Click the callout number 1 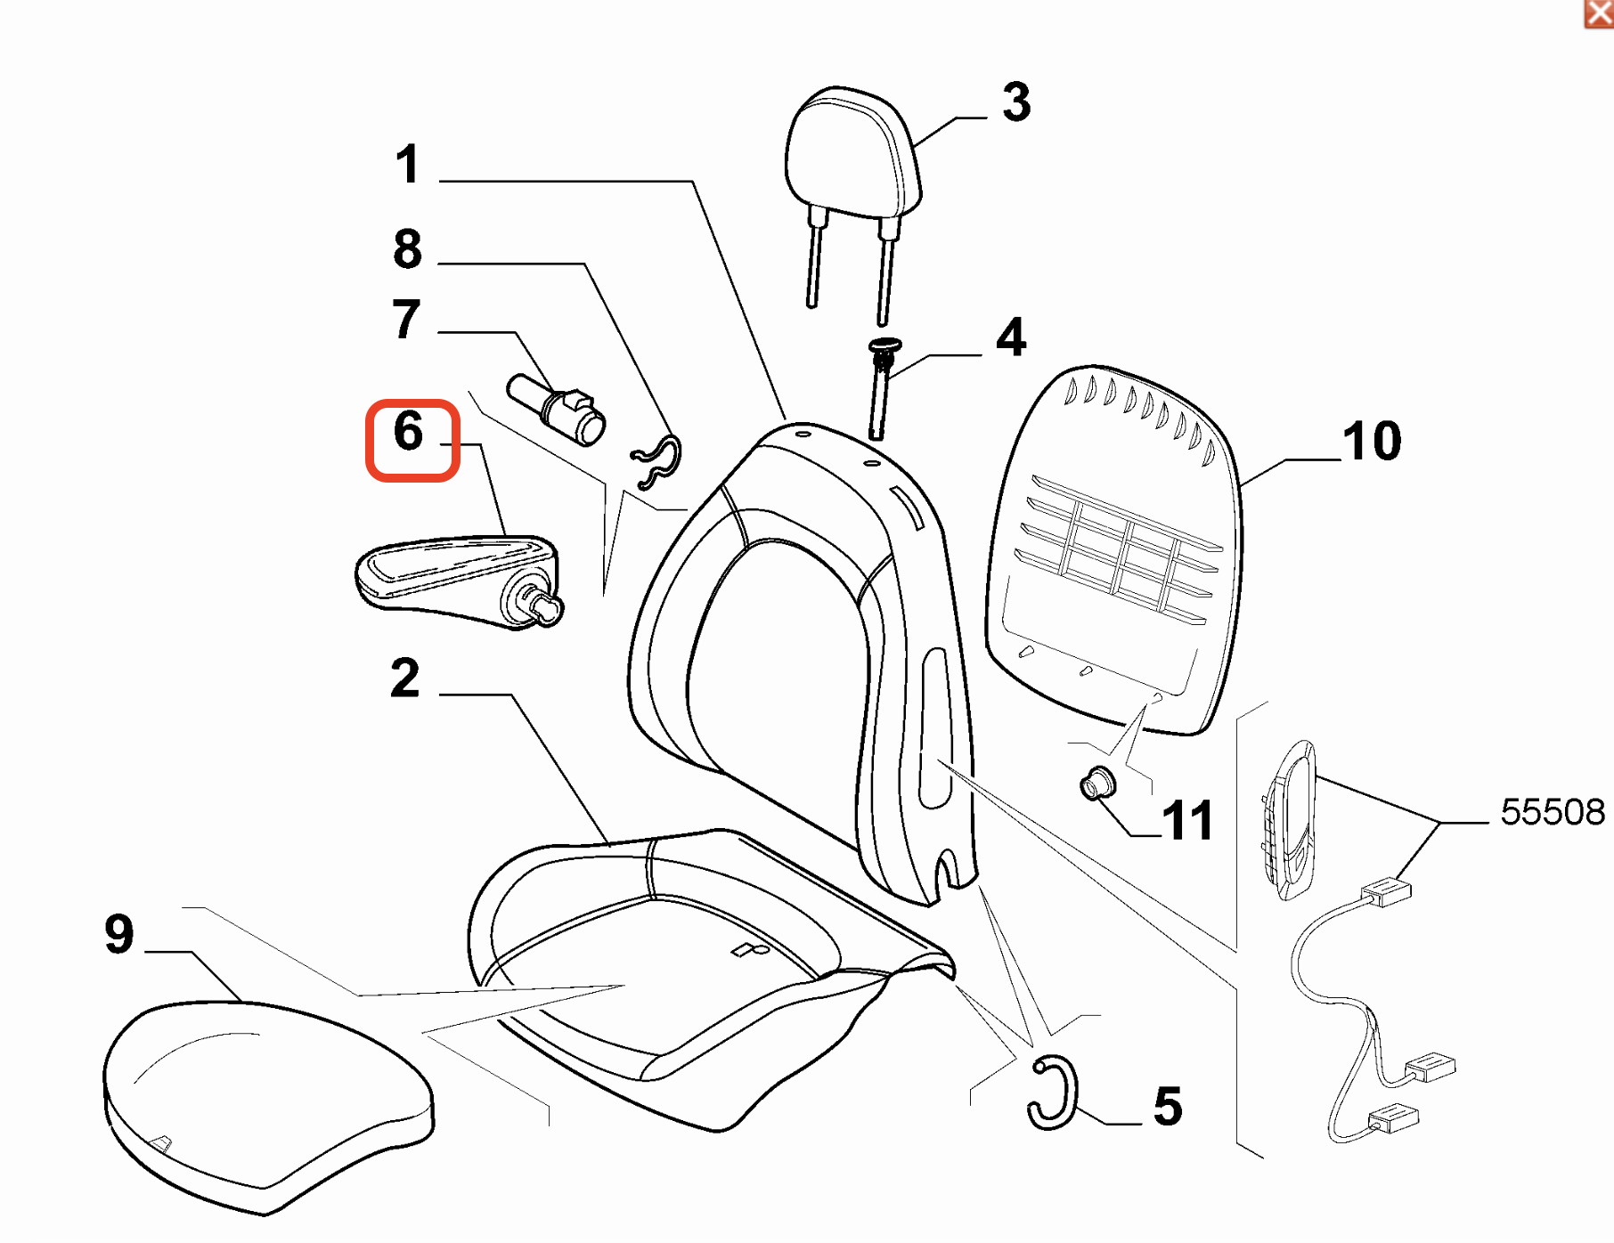(x=408, y=165)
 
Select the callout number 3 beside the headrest (x=1016, y=102)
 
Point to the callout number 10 (x=1373, y=441)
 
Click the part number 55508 (x=1552, y=812)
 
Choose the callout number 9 (x=119, y=934)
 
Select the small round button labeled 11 (x=1096, y=784)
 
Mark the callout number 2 (x=405, y=678)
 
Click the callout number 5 (x=1167, y=1107)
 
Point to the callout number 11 (x=1187, y=820)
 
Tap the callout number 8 (x=408, y=249)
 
